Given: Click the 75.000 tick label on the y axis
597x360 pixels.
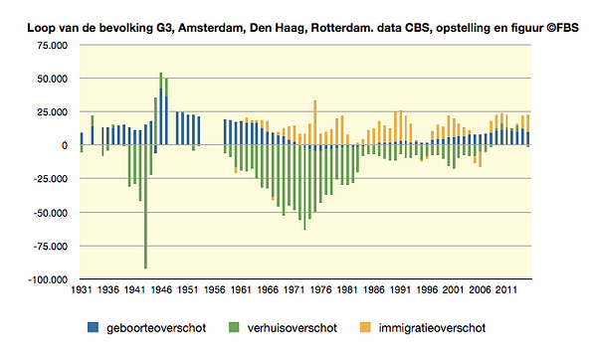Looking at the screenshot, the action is pyautogui.click(x=52, y=46).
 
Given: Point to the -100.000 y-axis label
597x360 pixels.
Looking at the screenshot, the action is pyautogui.click(x=47, y=279).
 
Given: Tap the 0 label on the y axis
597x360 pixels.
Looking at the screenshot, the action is pyautogui.click(x=65, y=145).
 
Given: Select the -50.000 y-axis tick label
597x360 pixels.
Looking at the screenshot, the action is pyautogui.click(x=51, y=213).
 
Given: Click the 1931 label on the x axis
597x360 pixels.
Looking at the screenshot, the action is pyautogui.click(x=82, y=290).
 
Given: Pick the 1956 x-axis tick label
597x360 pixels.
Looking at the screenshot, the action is pyautogui.click(x=214, y=290).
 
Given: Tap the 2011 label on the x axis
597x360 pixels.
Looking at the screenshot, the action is pyautogui.click(x=506, y=290).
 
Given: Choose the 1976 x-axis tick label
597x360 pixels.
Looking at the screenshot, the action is pyautogui.click(x=320, y=290).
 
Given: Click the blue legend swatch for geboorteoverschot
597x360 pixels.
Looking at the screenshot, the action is pyautogui.click(x=93, y=327).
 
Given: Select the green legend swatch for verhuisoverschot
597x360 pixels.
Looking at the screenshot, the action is pyautogui.click(x=234, y=327).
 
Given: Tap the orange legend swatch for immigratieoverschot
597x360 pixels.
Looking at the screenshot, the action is pyautogui.click(x=365, y=327).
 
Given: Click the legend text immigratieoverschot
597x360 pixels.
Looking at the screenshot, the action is pyautogui.click(x=432, y=328).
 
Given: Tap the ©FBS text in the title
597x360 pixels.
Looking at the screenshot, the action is pyautogui.click(x=562, y=28).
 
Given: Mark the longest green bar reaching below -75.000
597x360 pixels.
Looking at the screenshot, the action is pyautogui.click(x=146, y=207).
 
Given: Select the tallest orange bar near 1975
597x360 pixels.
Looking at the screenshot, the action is pyautogui.click(x=314, y=122).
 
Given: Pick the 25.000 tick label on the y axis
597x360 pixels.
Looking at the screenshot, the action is pyautogui.click(x=52, y=112).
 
